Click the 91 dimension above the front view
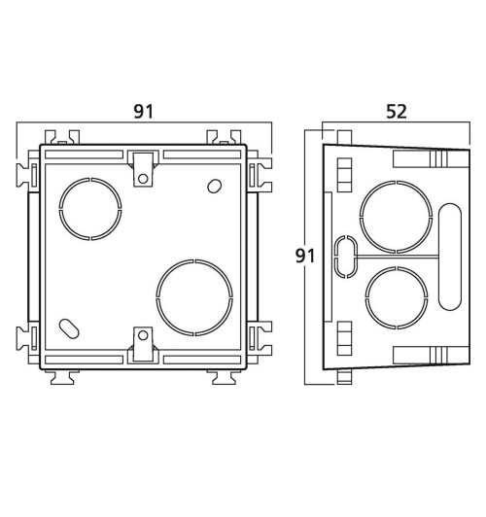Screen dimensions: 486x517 coord(144,112)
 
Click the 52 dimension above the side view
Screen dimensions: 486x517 coord(397,112)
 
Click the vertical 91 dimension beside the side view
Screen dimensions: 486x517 coord(305,256)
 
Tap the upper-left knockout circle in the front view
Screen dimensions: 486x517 coord(59,209)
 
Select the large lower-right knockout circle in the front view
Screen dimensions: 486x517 coord(156,297)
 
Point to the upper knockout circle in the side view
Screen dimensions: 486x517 coord(361,217)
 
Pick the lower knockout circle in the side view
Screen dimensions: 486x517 coord(365,297)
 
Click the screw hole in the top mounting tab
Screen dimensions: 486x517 coord(143,179)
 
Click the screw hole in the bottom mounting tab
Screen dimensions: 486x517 coord(143,335)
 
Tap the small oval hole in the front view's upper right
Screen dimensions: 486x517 coord(214,186)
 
